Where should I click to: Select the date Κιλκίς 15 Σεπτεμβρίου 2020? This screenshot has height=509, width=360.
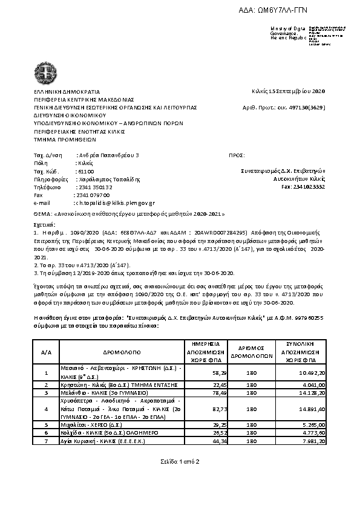(288, 91)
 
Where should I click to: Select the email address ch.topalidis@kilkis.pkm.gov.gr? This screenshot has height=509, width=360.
(114, 203)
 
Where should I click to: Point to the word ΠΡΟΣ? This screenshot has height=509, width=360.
(237, 156)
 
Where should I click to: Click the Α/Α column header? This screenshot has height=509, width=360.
(47, 351)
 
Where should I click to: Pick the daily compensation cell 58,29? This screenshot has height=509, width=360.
(203, 372)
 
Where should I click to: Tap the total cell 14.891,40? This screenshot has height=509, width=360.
(311, 409)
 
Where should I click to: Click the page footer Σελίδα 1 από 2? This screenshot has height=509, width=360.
(180, 462)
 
